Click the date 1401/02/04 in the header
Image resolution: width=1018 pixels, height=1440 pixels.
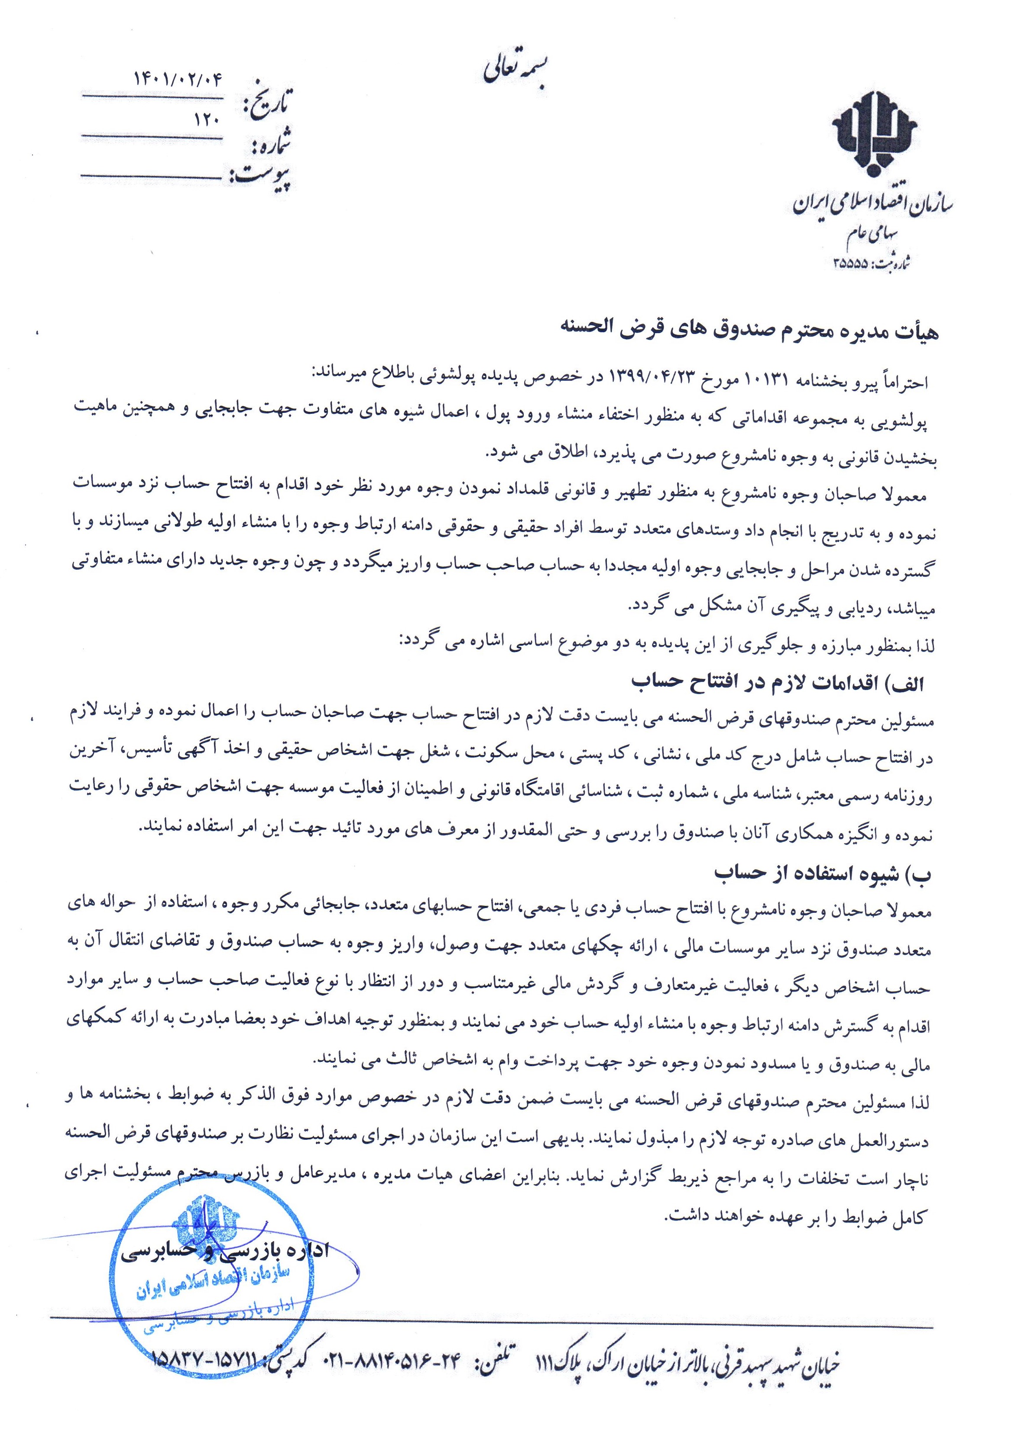click(x=179, y=79)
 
